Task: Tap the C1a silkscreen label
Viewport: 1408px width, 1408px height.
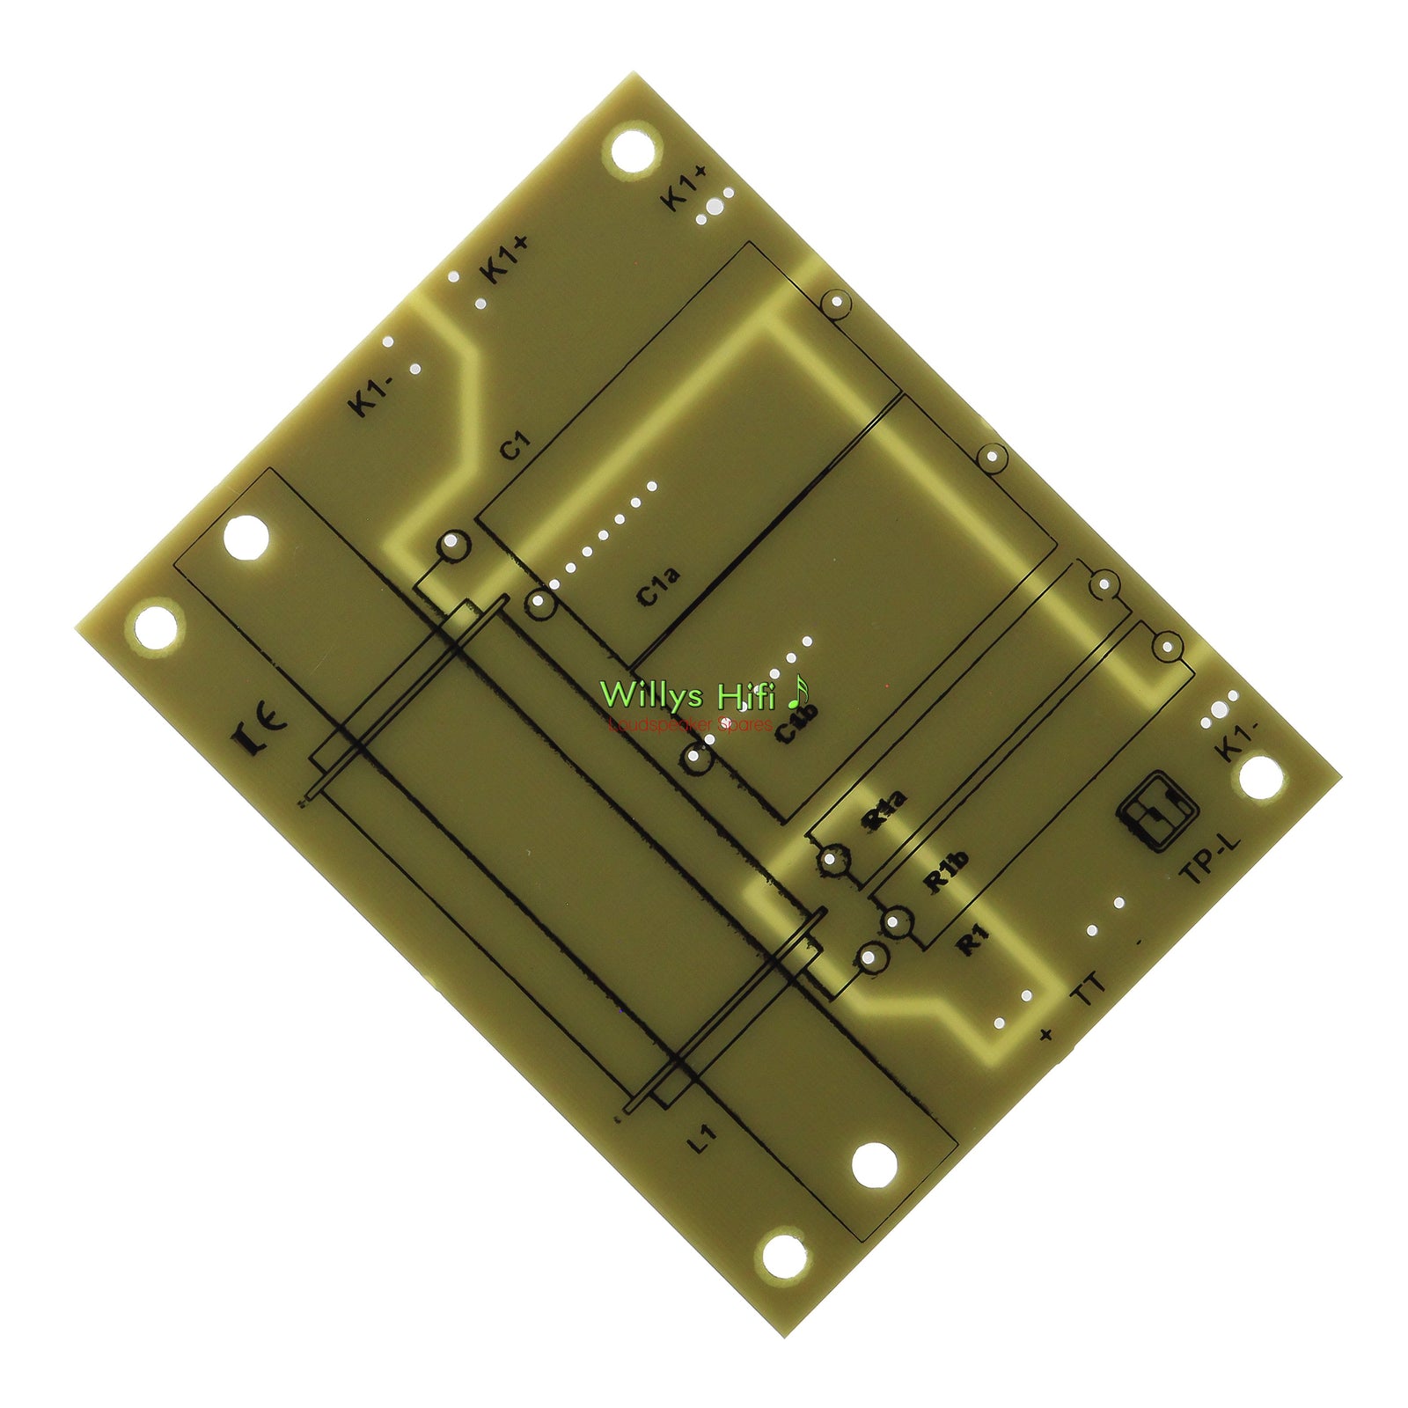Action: click(x=658, y=587)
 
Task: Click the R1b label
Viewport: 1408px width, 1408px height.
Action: click(x=946, y=871)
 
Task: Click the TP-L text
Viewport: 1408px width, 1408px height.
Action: click(x=1209, y=858)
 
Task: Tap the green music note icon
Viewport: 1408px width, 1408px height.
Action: click(x=797, y=693)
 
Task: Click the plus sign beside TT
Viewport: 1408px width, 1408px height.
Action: click(x=1045, y=1034)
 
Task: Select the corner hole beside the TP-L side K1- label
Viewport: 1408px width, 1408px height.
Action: click(x=1260, y=778)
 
